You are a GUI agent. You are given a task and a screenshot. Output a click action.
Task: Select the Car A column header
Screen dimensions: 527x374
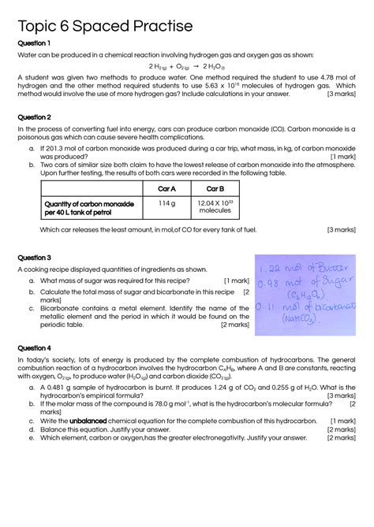click(x=166, y=189)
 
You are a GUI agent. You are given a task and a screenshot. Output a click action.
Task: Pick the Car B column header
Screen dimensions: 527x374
click(x=215, y=189)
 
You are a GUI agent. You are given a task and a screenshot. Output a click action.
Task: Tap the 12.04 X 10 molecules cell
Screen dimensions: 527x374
click(x=215, y=207)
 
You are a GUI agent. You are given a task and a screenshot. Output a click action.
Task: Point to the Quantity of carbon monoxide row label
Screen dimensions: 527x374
click(x=89, y=208)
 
